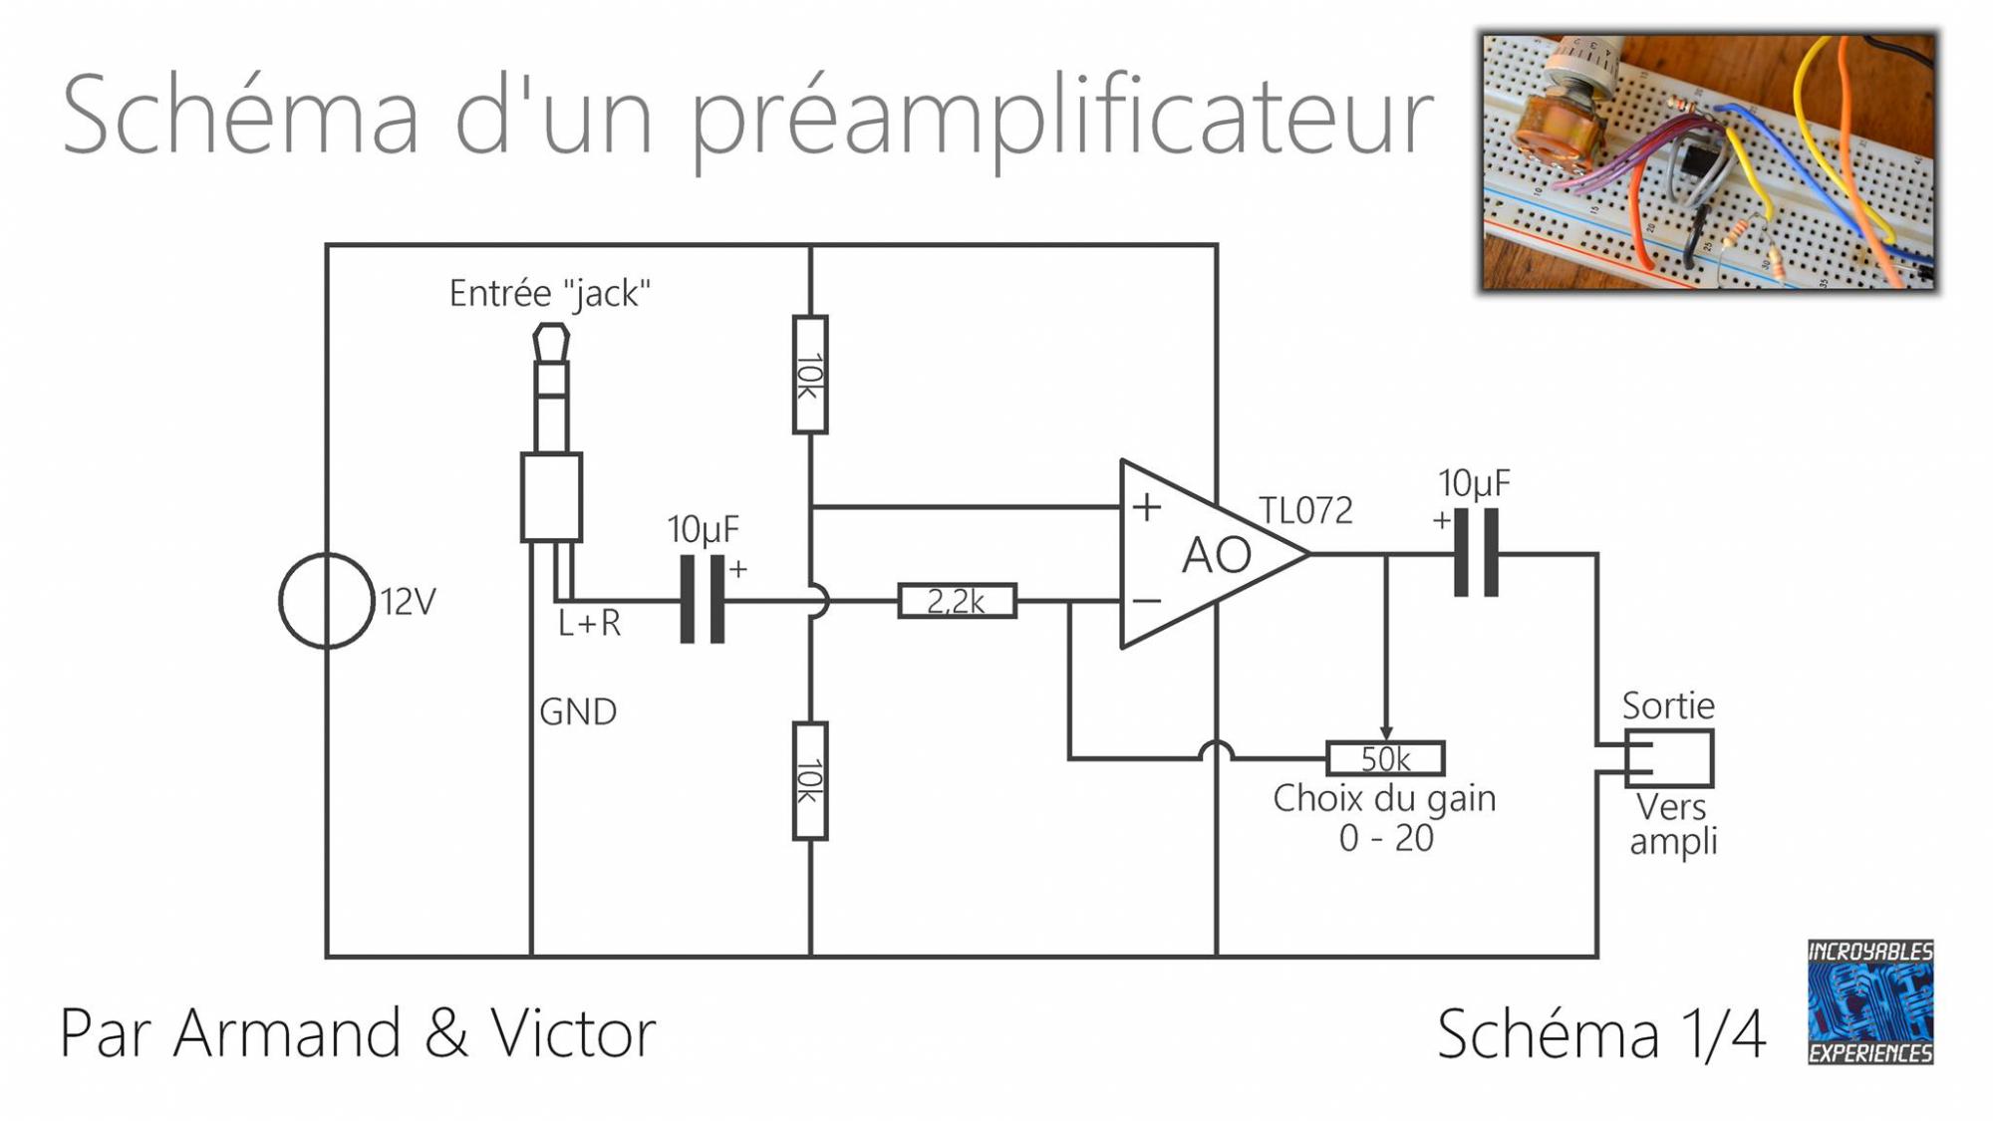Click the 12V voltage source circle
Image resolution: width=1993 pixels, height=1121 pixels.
pyautogui.click(x=326, y=601)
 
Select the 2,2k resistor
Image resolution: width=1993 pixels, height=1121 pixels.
pyautogui.click(x=957, y=601)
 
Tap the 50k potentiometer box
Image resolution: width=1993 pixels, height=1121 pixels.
pyautogui.click(x=1385, y=758)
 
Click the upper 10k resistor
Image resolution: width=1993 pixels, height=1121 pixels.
pyautogui.click(x=810, y=375)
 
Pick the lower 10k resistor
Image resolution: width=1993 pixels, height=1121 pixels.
pyautogui.click(x=810, y=780)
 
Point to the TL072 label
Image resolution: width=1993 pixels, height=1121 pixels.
pyautogui.click(x=1305, y=511)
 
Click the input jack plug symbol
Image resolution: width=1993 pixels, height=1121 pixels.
pyautogui.click(x=551, y=438)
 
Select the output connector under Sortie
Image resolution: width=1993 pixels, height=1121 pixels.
pyautogui.click(x=1669, y=758)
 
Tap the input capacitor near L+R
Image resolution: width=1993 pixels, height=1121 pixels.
pyautogui.click(x=702, y=599)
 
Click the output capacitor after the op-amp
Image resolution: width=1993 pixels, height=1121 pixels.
pyautogui.click(x=1476, y=553)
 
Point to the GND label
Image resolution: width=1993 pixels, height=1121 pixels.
pyautogui.click(x=578, y=711)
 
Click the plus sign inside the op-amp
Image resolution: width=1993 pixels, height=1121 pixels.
pyautogui.click(x=1147, y=507)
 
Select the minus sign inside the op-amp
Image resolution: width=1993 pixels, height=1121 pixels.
pyautogui.click(x=1147, y=601)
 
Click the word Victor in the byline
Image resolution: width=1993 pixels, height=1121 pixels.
pyautogui.click(x=573, y=1032)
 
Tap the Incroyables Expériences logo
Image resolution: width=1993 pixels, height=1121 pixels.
pyautogui.click(x=1870, y=1001)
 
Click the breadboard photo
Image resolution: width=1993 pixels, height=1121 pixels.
pyautogui.click(x=1709, y=161)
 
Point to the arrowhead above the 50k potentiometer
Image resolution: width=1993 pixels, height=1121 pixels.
pyautogui.click(x=1386, y=732)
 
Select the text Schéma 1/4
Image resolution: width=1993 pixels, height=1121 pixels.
pyautogui.click(x=1601, y=1034)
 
